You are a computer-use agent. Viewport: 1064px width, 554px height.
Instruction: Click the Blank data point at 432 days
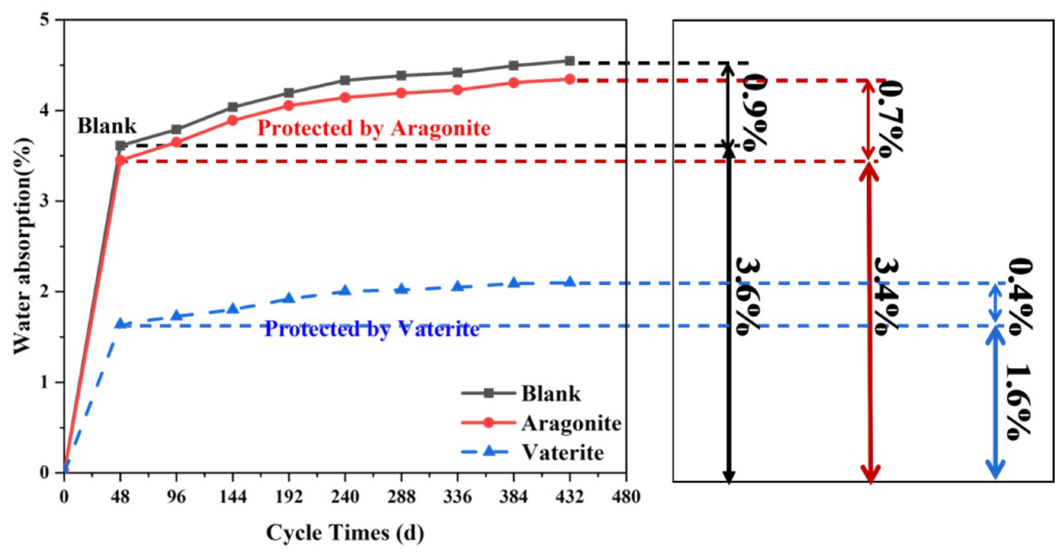[570, 61]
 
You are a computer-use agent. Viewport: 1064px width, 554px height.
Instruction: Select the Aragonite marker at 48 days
[120, 160]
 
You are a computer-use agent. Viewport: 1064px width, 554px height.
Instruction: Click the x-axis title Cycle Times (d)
[345, 533]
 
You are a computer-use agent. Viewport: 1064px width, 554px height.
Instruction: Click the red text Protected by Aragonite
[374, 128]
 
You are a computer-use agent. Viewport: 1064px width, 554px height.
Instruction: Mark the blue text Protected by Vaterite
[372, 329]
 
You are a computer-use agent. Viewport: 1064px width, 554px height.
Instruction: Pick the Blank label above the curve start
[106, 126]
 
